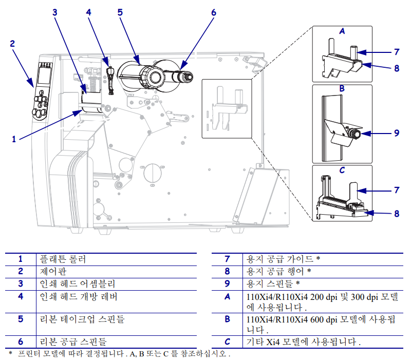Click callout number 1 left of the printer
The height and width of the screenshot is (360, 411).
click(14, 138)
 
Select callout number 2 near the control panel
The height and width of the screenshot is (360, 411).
click(13, 43)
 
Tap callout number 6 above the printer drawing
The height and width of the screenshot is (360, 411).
click(213, 12)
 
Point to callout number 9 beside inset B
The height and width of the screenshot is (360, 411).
click(396, 132)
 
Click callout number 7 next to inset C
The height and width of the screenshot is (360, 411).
click(396, 190)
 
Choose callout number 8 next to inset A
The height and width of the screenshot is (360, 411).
click(396, 67)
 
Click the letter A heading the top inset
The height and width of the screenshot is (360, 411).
click(342, 31)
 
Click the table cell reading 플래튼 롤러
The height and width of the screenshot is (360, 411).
click(63, 259)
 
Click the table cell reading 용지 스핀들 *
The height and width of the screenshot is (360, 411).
click(273, 283)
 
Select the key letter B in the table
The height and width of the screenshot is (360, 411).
click(227, 319)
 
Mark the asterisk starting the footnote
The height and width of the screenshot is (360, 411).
click(10, 353)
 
